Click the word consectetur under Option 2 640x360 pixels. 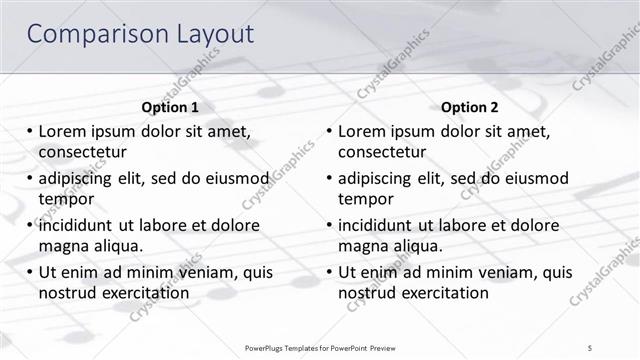[x=382, y=152]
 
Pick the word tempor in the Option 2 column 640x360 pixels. [x=365, y=198]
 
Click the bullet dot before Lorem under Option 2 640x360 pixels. [x=329, y=131]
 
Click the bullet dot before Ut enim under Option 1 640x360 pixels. [x=29, y=272]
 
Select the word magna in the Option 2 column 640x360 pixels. [x=363, y=245]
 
